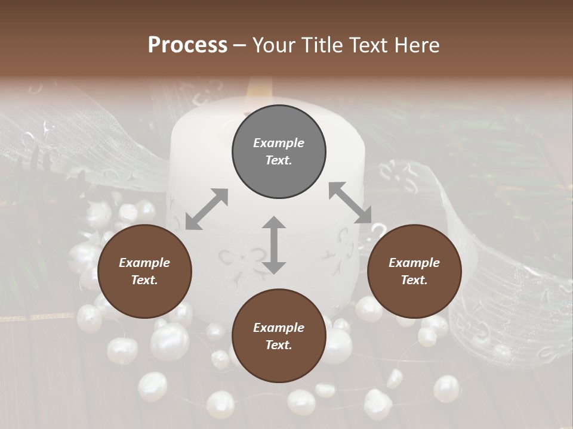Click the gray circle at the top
tap(279, 152)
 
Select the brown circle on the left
tap(144, 272)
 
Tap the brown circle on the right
tap(414, 272)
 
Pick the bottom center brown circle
tap(279, 337)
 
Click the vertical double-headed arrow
tap(274, 245)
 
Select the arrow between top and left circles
tap(207, 209)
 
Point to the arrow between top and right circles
tap(350, 203)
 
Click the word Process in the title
tap(187, 45)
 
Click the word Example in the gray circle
tap(279, 143)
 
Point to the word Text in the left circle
tap(144, 280)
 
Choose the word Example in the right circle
tap(414, 263)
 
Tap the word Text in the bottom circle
tap(279, 345)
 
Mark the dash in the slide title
tap(239, 46)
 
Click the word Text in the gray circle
tap(279, 160)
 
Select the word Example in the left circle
tap(144, 263)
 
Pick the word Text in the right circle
tap(414, 280)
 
